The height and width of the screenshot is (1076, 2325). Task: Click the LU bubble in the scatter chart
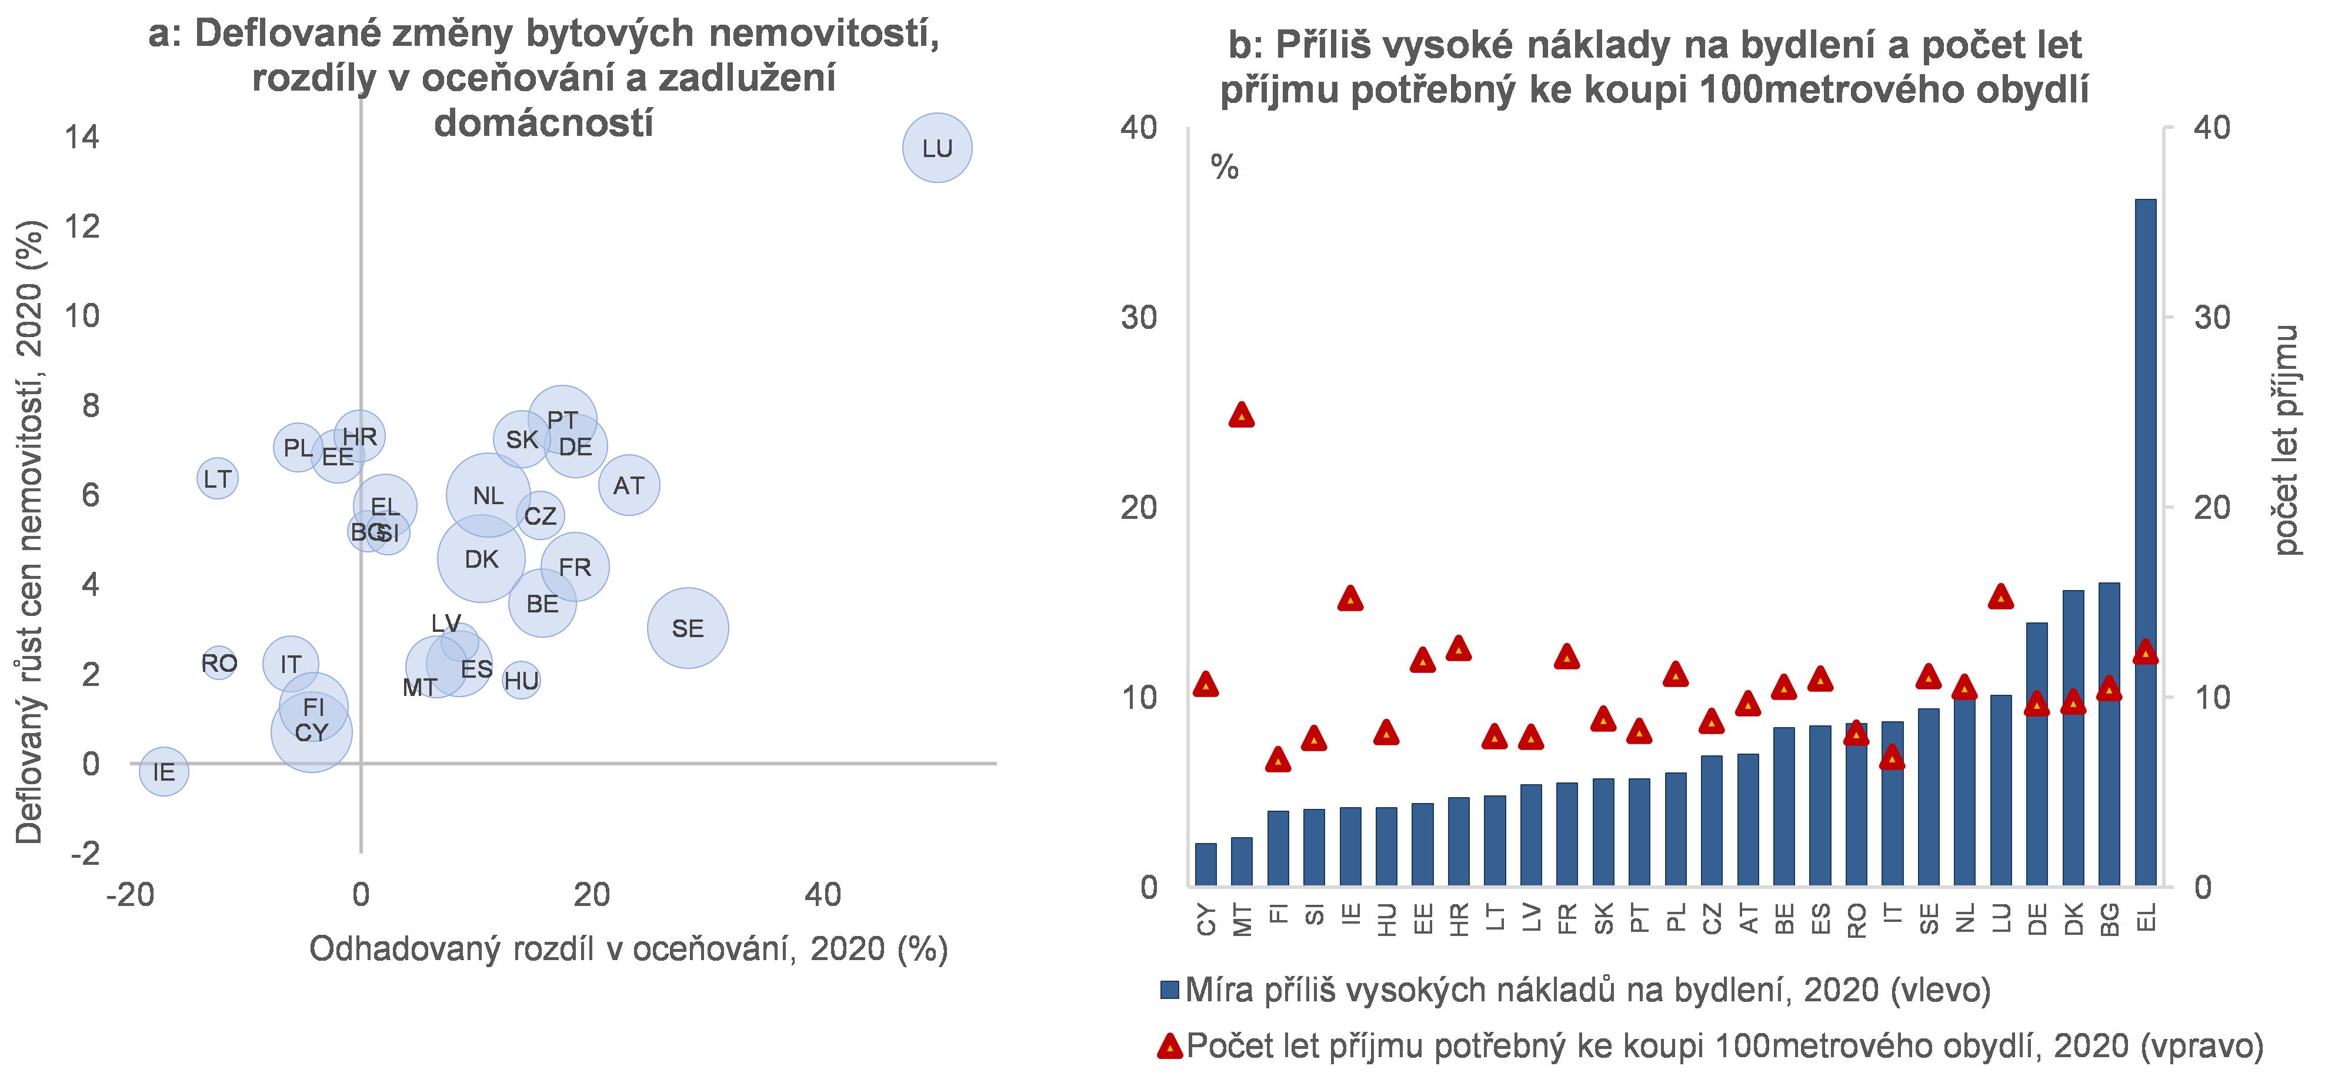click(x=937, y=148)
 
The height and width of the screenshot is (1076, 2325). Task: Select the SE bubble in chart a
click(x=687, y=627)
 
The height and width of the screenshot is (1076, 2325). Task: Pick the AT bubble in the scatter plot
click(x=629, y=486)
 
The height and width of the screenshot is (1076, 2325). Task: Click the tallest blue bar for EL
click(x=2146, y=542)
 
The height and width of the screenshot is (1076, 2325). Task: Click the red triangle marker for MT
click(x=1242, y=414)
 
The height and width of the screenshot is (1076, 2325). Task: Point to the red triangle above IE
click(x=1350, y=598)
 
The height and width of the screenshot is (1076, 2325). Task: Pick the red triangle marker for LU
click(x=2001, y=596)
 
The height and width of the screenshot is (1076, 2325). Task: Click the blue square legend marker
click(x=1170, y=990)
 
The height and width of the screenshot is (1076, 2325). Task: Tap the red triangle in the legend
click(x=1170, y=1046)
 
